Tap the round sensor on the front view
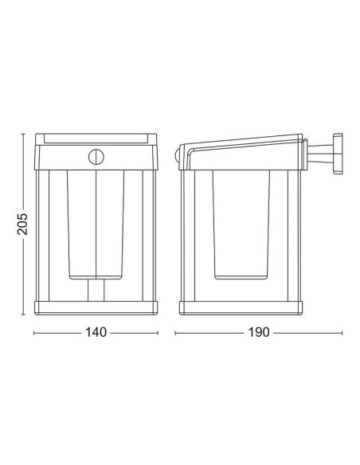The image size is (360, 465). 96,156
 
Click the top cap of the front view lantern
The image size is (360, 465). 96,138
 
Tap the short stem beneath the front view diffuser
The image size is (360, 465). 96,291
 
